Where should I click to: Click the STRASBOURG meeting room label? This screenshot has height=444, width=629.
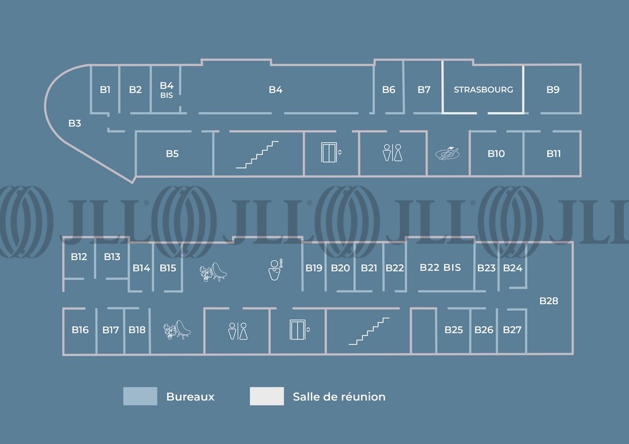483,90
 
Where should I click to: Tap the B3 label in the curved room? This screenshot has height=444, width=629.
74,123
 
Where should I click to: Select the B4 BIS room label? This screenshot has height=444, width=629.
166,90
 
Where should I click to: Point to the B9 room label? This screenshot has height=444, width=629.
553,90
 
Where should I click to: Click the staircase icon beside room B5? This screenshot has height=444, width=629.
257,155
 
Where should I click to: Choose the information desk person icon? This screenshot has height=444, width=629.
275,269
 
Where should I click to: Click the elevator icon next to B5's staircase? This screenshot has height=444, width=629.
330,153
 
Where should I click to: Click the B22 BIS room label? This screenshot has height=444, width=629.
440,267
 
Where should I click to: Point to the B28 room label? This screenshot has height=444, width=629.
549,300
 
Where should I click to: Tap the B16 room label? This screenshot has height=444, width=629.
80,330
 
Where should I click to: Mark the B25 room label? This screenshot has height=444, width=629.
453,330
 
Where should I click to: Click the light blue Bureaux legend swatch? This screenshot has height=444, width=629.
140,396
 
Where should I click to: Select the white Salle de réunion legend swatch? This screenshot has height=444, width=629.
267,396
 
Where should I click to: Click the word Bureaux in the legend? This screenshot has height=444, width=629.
190,397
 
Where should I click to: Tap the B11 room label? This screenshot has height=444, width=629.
553,153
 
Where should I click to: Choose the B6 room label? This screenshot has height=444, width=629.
389,90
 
